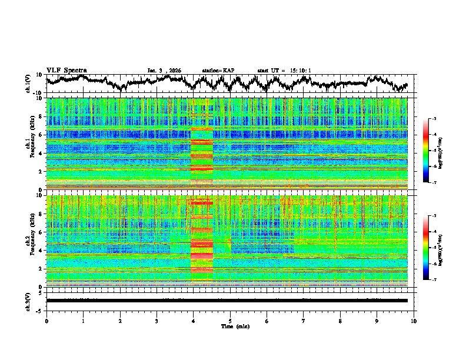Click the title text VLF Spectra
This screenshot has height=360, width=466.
[66, 70]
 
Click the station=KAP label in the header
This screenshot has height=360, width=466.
[218, 71]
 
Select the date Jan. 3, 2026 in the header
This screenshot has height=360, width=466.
[164, 71]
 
